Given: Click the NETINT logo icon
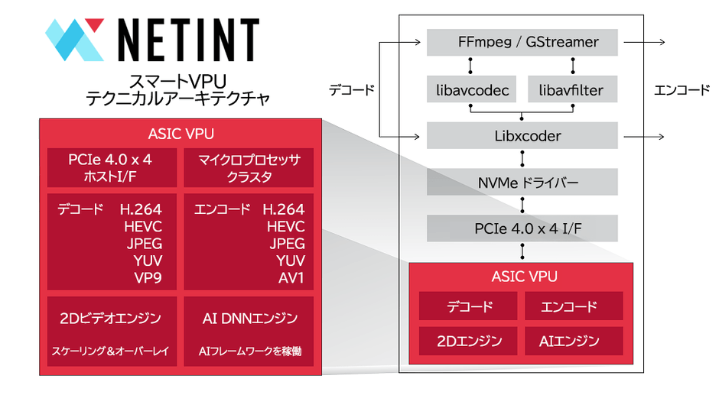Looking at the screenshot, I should (73, 39).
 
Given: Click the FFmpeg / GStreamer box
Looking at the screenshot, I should (522, 43).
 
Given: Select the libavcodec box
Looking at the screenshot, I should (469, 90).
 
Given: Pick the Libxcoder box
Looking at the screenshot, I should (522, 136).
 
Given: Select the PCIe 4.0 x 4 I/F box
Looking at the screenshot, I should (522, 227).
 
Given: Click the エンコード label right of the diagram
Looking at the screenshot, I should (682, 89).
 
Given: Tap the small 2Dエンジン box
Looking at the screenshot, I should (470, 341).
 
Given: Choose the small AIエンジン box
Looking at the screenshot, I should (574, 341).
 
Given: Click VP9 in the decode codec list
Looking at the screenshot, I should (147, 278).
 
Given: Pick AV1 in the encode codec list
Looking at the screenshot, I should (291, 278).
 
